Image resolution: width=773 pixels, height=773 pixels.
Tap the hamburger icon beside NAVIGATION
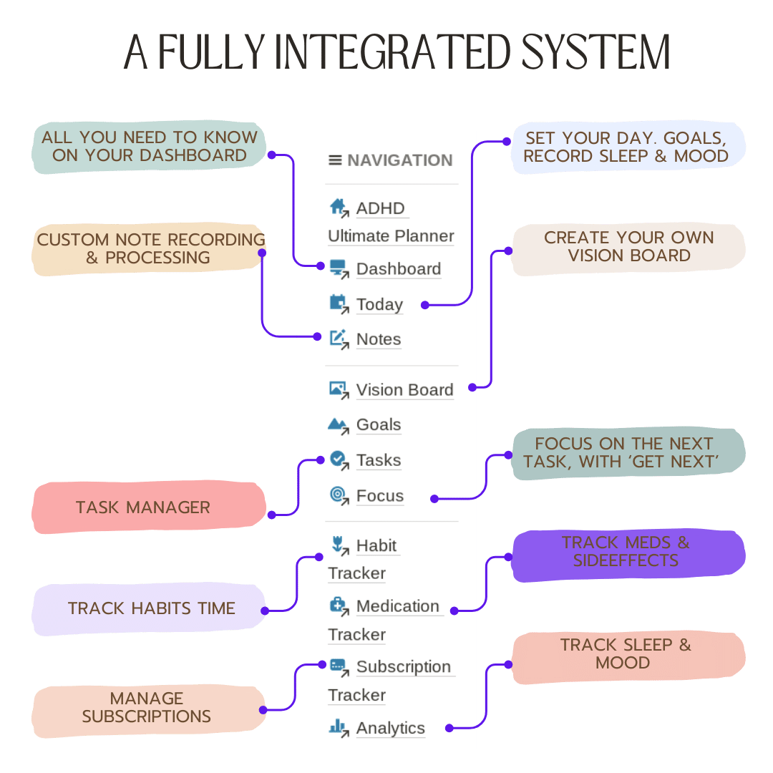point(335,160)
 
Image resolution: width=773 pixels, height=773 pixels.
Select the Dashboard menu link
point(399,269)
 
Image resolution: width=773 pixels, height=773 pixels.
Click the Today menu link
point(379,305)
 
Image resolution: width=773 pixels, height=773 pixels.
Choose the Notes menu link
point(379,339)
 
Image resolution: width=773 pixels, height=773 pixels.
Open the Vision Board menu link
point(404,390)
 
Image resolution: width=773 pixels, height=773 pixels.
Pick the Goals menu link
point(379,424)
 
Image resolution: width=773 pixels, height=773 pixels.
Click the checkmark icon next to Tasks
point(338,460)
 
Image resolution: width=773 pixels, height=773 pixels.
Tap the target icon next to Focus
point(338,495)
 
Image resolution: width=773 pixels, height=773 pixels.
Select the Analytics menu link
point(391,728)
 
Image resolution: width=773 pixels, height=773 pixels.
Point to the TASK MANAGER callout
point(148,507)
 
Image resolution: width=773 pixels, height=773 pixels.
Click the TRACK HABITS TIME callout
point(148,609)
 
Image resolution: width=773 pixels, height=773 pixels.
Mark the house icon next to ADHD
point(339,208)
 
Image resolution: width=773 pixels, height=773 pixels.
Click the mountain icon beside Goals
point(338,425)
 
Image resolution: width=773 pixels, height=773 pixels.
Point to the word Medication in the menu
point(398,606)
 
